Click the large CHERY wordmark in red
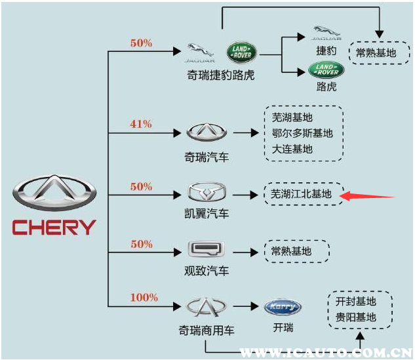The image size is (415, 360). pos(54,228)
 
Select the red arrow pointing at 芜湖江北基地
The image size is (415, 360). pos(370,195)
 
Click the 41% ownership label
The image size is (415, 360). pos(141,123)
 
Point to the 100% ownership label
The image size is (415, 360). pos(144,297)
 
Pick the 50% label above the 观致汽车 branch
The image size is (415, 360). pos(141,244)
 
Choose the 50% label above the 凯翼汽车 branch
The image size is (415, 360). pos(141,186)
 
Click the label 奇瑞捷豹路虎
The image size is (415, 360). pos(220,75)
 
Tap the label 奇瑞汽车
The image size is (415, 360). pos(207,157)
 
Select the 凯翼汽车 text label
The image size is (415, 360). pos(207,213)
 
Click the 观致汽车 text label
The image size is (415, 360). pos(207,270)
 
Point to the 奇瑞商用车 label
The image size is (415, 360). pos(207,330)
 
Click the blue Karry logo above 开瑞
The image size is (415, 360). pos(283,307)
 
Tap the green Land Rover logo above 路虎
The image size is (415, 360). pos(326,69)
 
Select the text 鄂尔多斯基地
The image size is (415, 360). pos(302,133)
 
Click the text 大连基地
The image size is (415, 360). pos(292,149)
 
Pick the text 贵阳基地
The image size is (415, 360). pos(356,317)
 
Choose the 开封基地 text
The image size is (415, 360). pos(356,301)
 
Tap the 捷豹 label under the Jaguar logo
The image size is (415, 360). pos(326,50)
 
